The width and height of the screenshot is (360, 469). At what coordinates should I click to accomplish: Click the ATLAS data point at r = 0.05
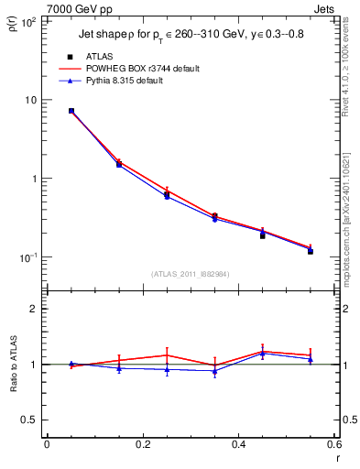pos(71,111)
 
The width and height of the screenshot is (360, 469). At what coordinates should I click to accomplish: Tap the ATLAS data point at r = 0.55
pos(311,251)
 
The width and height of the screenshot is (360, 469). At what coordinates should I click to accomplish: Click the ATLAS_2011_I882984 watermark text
pos(190,274)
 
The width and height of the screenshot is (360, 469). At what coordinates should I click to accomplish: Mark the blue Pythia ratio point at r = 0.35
pos(214,371)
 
